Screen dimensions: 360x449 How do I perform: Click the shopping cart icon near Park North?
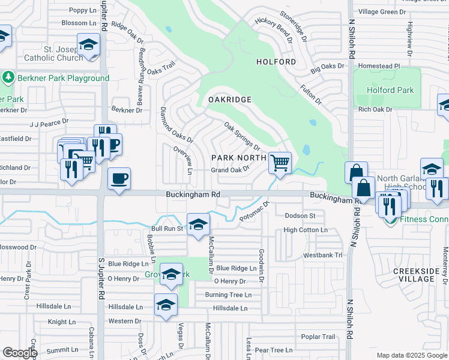(x=280, y=162)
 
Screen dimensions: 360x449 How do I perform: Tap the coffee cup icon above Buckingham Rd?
(x=119, y=178)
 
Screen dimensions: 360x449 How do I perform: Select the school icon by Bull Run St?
(x=198, y=224)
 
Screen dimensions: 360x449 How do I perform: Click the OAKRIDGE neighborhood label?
(x=229, y=99)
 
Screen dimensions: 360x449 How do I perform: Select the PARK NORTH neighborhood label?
(x=238, y=158)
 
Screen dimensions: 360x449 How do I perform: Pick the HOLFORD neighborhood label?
(x=276, y=62)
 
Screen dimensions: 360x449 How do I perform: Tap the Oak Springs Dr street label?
(x=243, y=136)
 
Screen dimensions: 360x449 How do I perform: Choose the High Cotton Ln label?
(x=306, y=230)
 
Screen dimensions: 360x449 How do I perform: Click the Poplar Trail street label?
(x=318, y=337)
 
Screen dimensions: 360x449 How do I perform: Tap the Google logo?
(x=19, y=353)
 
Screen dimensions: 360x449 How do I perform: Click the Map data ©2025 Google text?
(x=411, y=355)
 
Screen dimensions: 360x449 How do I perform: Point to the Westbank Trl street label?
(x=322, y=255)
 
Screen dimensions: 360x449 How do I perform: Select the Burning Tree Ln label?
(x=228, y=295)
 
